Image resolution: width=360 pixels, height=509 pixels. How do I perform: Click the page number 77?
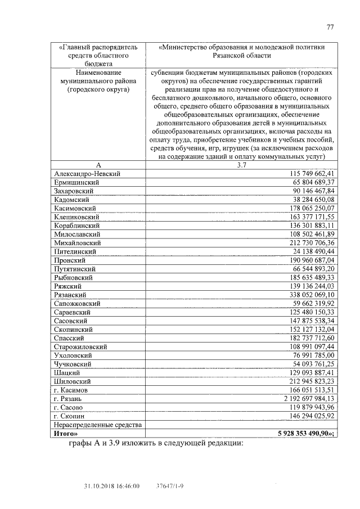[330, 27]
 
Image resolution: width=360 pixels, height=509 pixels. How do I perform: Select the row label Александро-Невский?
[87, 174]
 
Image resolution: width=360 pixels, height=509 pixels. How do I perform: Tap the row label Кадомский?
[71, 200]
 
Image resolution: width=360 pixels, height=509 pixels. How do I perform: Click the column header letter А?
[98, 165]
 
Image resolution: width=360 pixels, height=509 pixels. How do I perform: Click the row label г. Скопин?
[69, 416]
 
